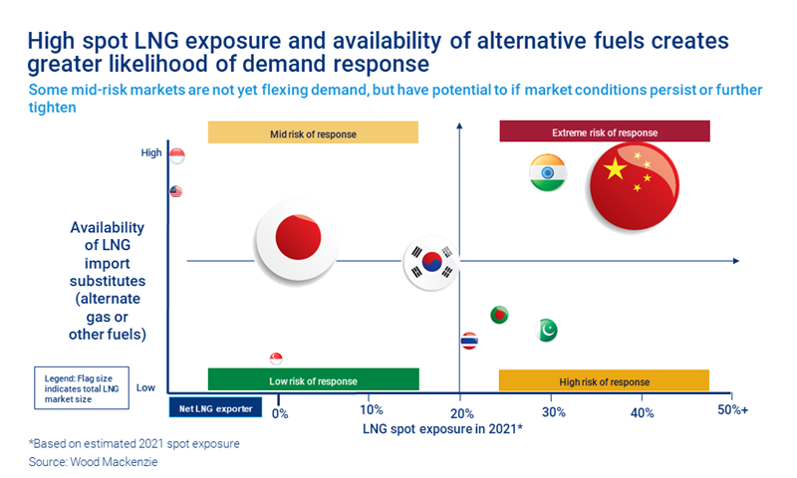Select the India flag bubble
548,173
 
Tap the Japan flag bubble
297,239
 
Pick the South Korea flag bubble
431,262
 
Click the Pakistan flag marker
546,330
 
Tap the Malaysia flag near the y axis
176,191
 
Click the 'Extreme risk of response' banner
604,132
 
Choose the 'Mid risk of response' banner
313,132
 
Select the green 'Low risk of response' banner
313,380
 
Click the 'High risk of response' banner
604,380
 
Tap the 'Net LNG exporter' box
215,407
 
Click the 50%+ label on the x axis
732,411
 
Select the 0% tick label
280,411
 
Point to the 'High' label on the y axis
149,152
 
